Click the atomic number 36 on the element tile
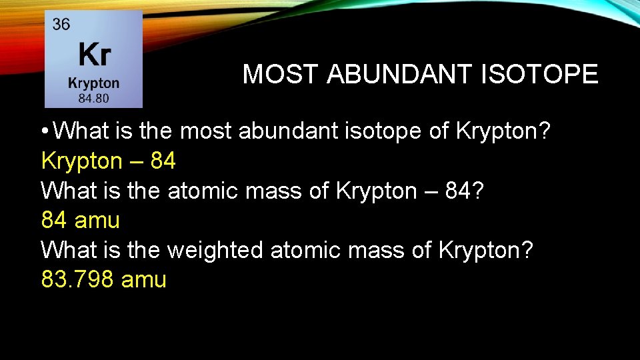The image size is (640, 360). [x=61, y=25]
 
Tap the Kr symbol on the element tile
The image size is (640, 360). [x=95, y=55]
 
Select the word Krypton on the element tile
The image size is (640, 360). [x=93, y=83]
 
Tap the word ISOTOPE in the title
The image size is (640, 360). [x=539, y=75]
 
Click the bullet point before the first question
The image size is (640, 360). [x=45, y=132]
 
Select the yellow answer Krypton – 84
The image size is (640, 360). [x=109, y=161]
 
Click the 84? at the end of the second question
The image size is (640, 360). [x=474, y=191]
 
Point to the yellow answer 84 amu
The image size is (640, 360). [x=80, y=220]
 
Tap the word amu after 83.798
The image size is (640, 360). [x=144, y=279]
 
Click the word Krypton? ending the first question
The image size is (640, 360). [x=503, y=131]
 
